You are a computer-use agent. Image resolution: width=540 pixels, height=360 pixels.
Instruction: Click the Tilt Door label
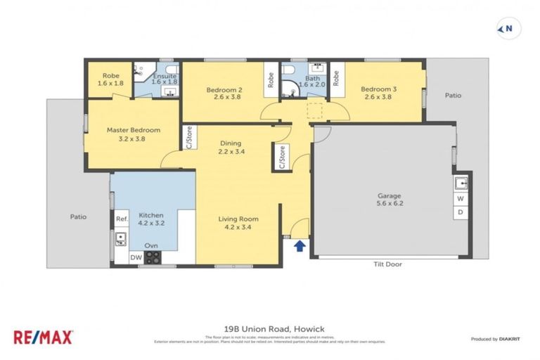click(x=387, y=264)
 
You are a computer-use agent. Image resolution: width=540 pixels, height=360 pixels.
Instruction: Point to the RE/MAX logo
click(x=43, y=337)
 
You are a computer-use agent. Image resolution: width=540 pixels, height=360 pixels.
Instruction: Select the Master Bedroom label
click(x=134, y=134)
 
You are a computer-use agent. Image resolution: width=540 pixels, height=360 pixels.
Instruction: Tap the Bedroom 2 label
click(x=224, y=94)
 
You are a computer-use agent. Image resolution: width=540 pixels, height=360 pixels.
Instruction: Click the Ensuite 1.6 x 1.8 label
click(x=165, y=77)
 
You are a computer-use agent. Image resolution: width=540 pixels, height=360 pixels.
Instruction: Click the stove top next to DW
click(x=152, y=257)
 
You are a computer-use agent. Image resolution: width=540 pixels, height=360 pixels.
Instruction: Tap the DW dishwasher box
click(x=136, y=258)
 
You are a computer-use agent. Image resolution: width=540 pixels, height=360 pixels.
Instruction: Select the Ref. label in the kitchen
click(x=121, y=219)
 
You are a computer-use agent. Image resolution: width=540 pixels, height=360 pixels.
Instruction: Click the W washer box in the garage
click(x=461, y=199)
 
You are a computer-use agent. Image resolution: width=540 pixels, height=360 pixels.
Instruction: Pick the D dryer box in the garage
click(x=461, y=212)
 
